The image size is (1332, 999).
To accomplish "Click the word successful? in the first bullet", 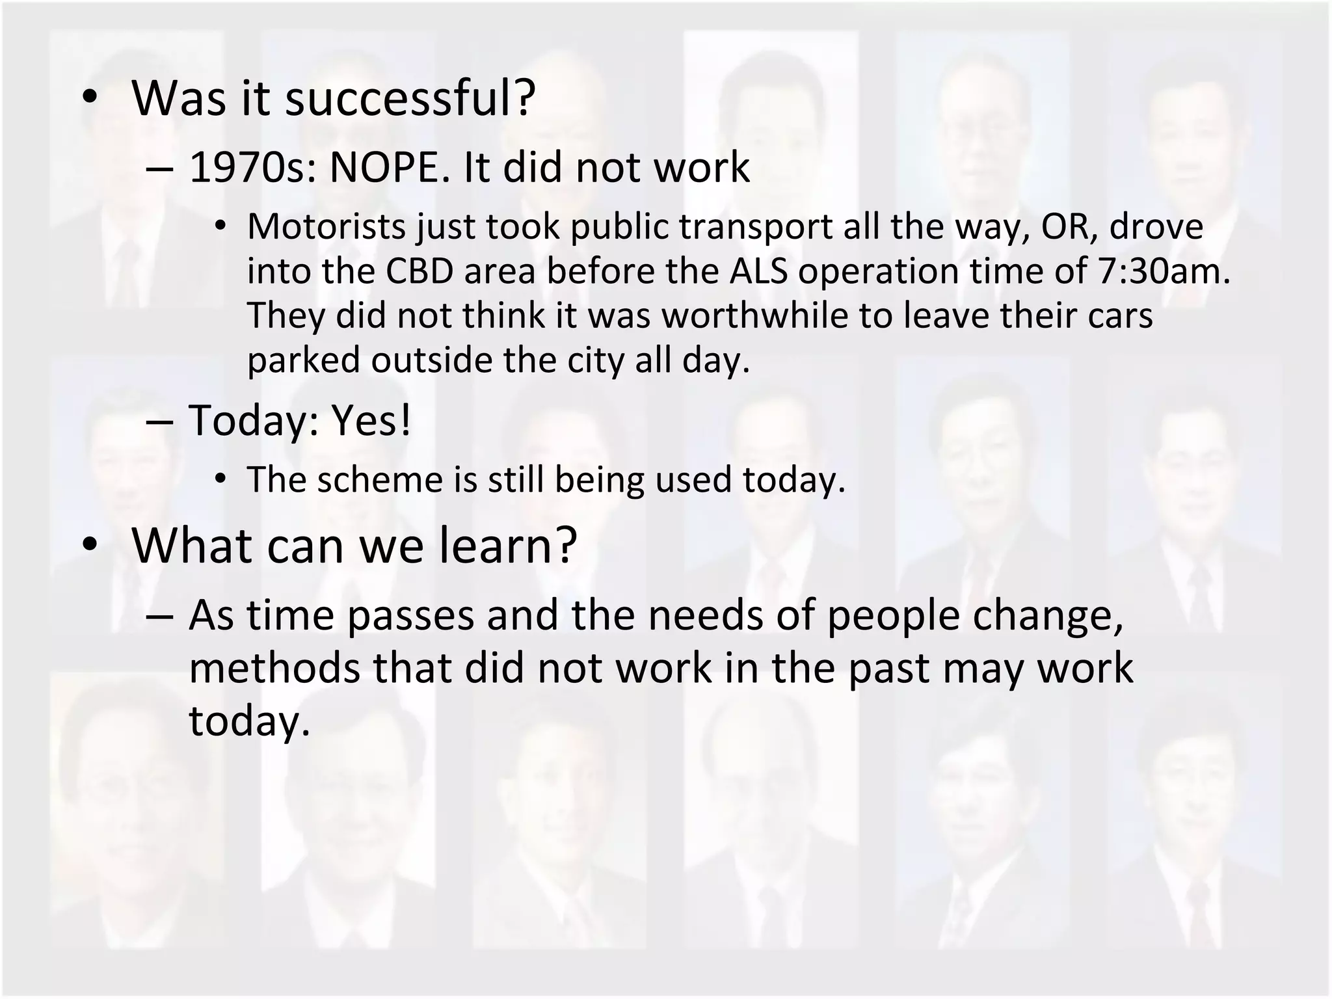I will click(410, 99).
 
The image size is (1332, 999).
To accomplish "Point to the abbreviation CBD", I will click(419, 271).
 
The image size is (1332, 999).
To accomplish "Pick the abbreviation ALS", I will click(758, 271).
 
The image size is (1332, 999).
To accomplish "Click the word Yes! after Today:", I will click(372, 421).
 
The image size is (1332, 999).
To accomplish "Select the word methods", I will click(274, 669).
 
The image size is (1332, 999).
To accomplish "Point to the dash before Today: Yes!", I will click(160, 421).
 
